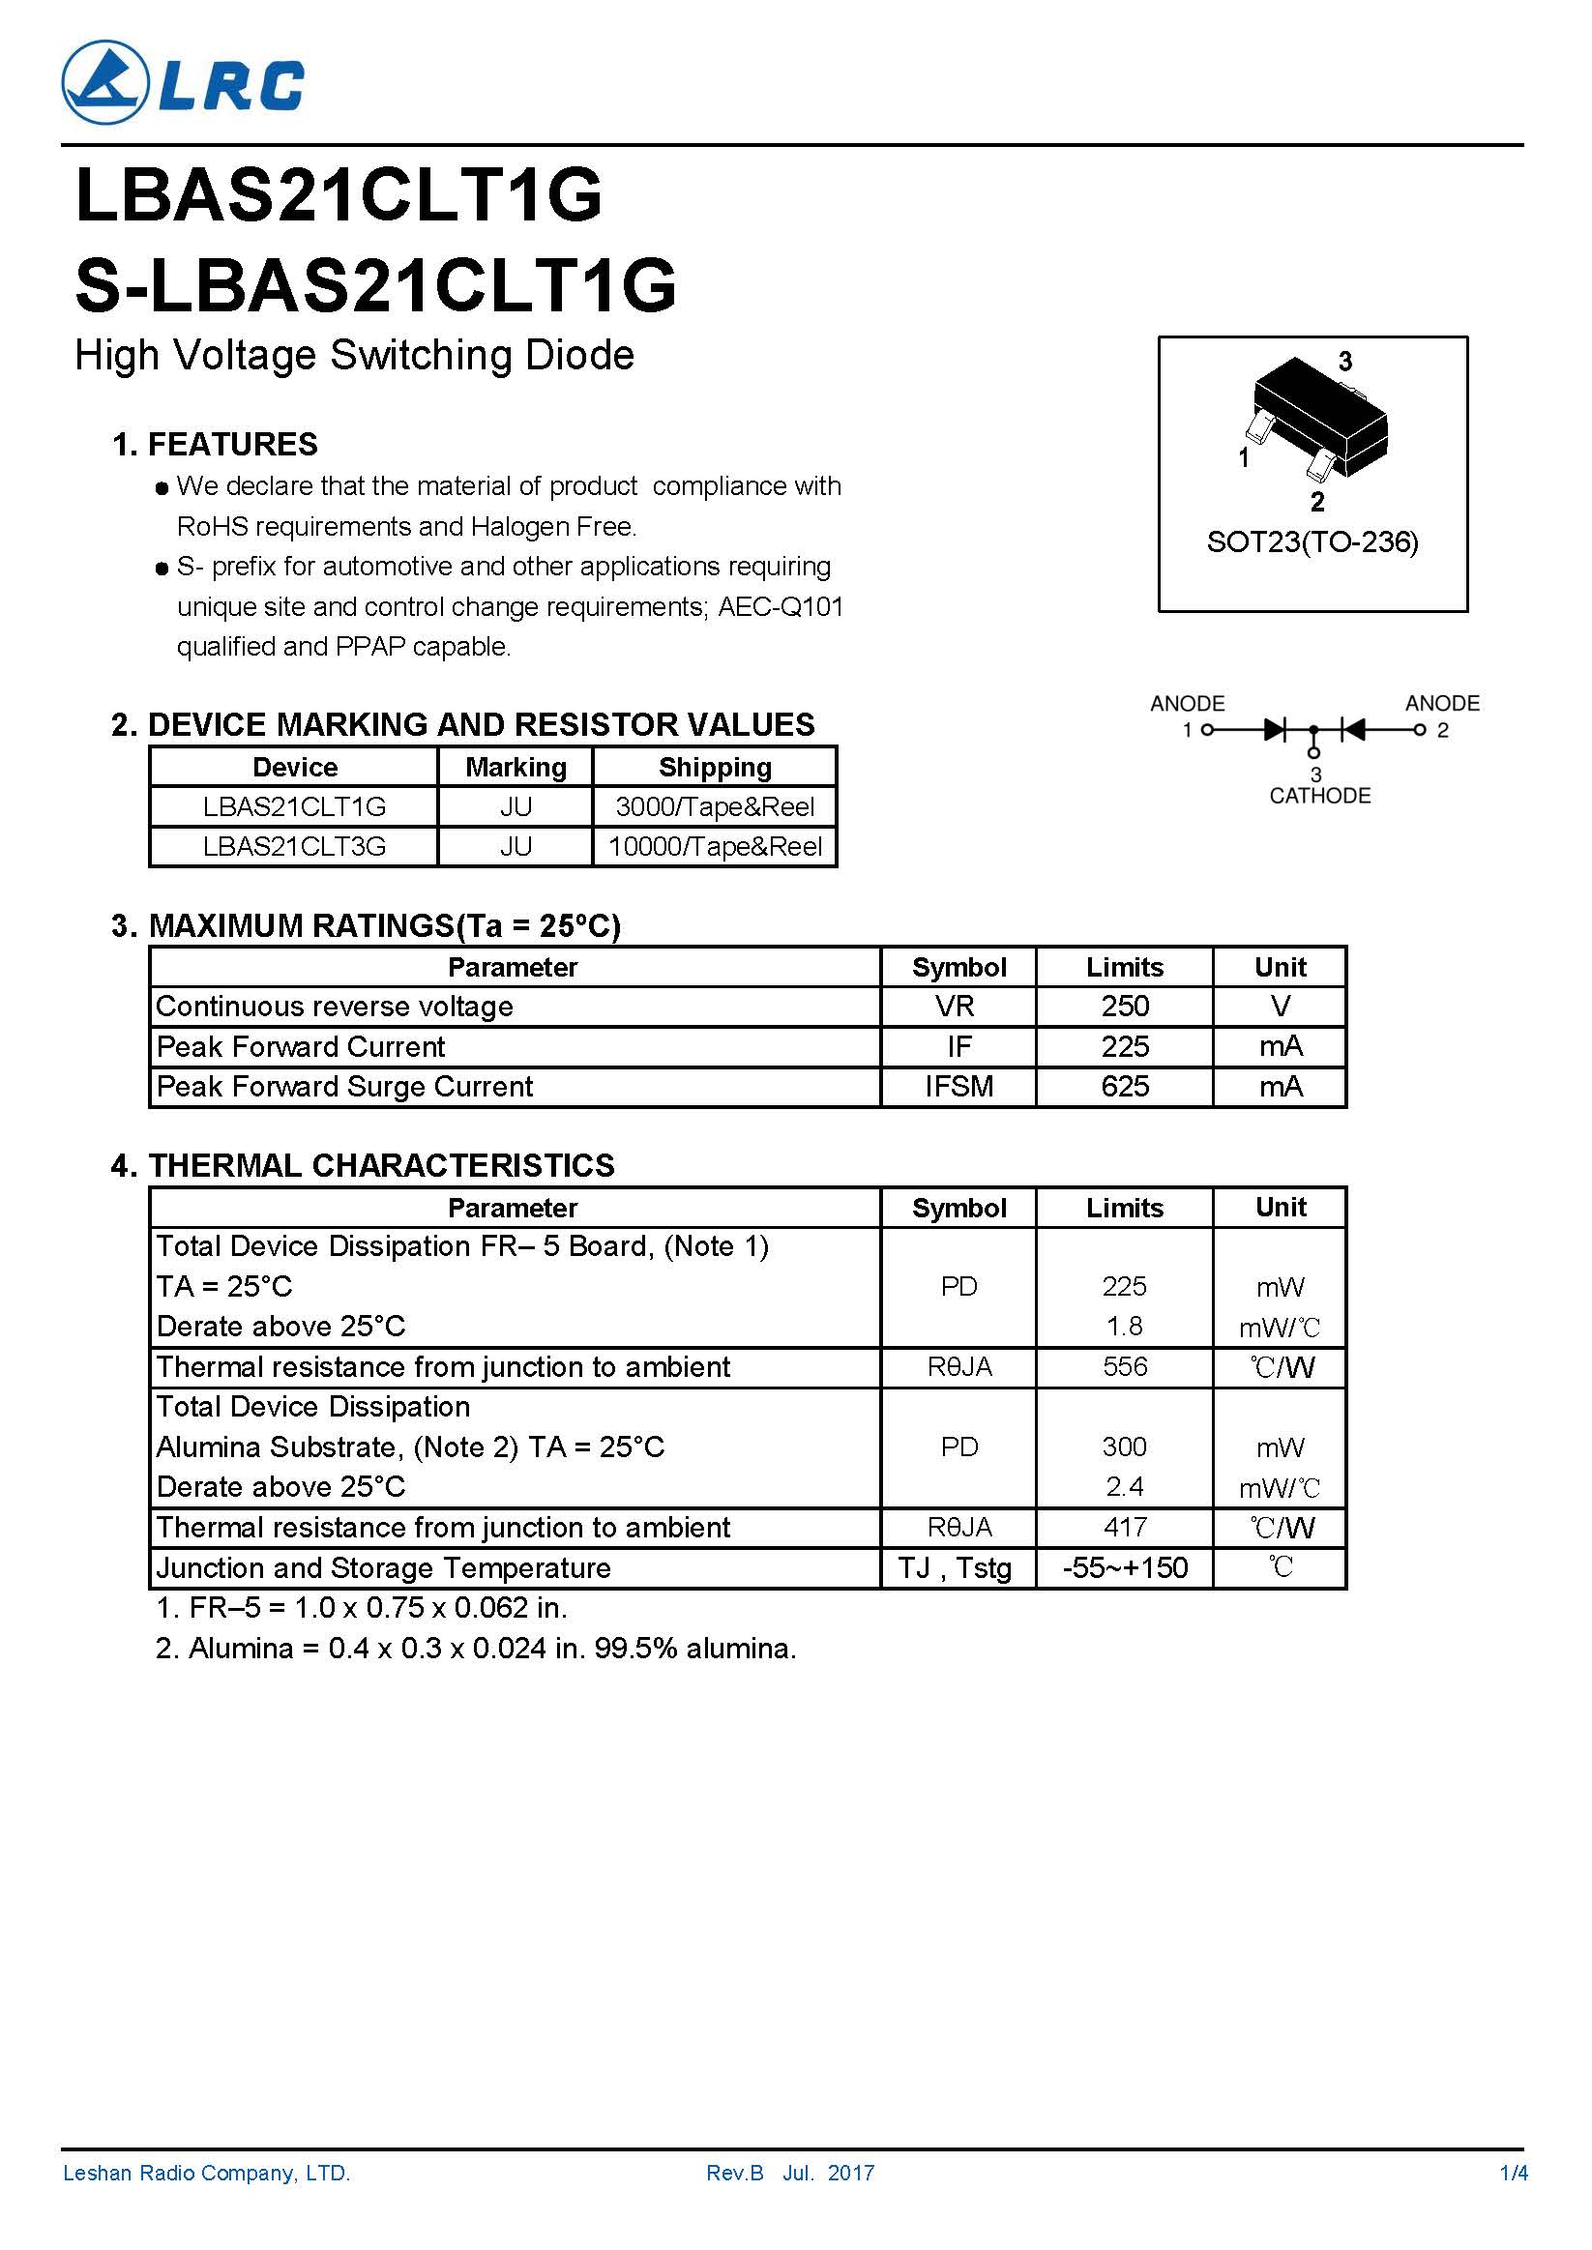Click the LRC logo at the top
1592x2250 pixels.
click(184, 83)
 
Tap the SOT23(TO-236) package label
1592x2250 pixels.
click(1312, 541)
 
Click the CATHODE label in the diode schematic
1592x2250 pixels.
click(1318, 796)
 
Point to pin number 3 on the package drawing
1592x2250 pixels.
click(1345, 362)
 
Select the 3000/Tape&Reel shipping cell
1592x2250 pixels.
click(715, 806)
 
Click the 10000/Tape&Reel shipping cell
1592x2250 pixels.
click(715, 847)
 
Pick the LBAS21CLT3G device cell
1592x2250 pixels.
click(294, 847)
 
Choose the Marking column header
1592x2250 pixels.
click(516, 768)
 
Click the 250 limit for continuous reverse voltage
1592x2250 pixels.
click(1125, 1007)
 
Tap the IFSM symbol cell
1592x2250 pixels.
click(958, 1087)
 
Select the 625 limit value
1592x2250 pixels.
click(1125, 1087)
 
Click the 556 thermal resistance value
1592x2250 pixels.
click(1125, 1367)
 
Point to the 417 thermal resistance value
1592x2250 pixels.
click(1125, 1528)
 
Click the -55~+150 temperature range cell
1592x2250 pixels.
click(1125, 1568)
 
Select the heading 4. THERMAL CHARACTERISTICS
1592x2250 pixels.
click(363, 1165)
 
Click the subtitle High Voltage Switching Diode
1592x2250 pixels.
click(355, 355)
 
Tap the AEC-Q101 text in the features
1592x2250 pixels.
click(781, 606)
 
